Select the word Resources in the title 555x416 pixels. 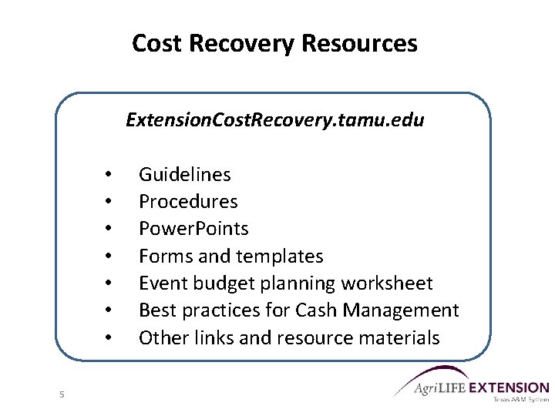(359, 43)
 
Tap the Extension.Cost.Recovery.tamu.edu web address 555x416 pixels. (274, 120)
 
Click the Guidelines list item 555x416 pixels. (184, 175)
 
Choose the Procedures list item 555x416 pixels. (188, 202)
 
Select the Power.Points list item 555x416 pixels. (193, 229)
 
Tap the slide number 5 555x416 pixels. (62, 395)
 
